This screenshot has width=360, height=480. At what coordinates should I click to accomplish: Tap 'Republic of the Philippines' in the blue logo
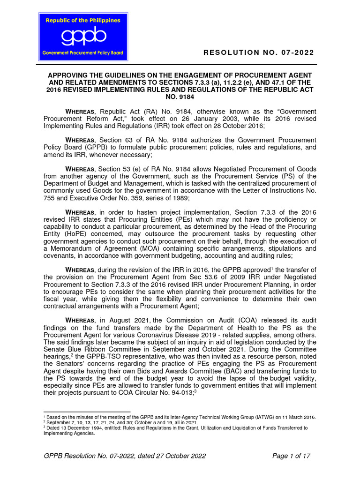82,21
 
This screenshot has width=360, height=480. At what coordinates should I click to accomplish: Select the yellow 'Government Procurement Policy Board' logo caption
82,53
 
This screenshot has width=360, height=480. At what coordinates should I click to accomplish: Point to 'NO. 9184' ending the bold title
180,97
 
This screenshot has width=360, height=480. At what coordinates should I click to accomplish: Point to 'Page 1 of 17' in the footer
291,456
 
